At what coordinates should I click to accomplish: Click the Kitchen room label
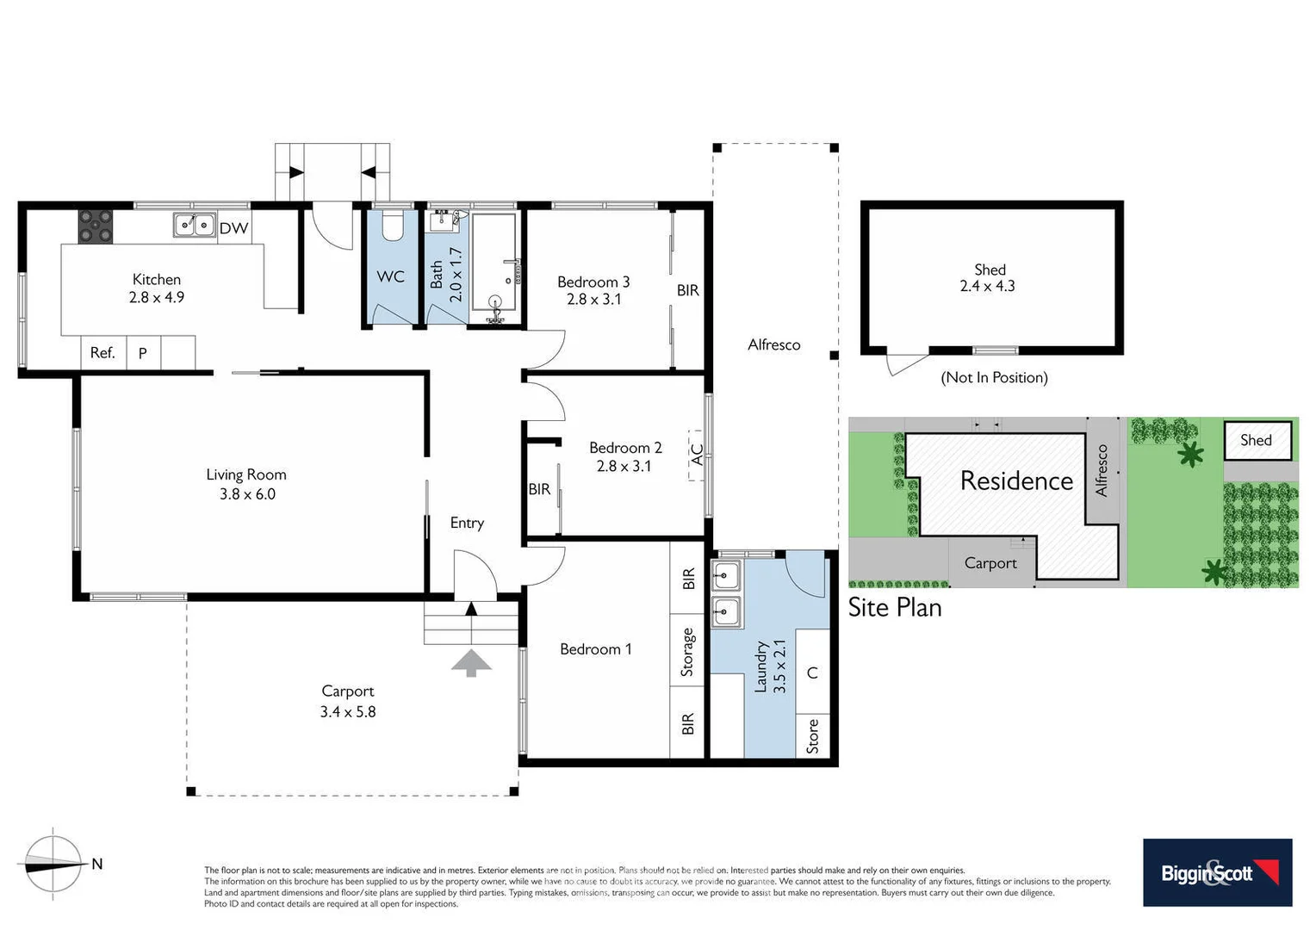[x=157, y=279]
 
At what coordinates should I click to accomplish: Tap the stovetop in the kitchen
[x=96, y=226]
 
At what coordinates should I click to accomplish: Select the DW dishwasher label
[x=233, y=228]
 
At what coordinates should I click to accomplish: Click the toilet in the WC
[x=392, y=226]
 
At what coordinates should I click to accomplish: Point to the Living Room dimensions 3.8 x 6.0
[x=247, y=494]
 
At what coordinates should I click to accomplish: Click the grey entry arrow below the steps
[x=471, y=663]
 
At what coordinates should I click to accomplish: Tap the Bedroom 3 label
[x=593, y=282]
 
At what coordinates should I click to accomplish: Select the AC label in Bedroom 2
[x=698, y=454]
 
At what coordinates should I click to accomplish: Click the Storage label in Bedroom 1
[x=687, y=652]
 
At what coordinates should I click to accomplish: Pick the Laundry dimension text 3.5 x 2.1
[x=779, y=666]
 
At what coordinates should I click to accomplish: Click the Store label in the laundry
[x=813, y=737]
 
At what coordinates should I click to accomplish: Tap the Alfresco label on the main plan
[x=773, y=344]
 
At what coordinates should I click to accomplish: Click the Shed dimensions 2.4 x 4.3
[x=987, y=286]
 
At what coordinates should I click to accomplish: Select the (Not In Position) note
[x=994, y=377]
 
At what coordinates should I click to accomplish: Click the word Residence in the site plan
[x=1016, y=480]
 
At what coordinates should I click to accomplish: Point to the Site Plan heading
[x=895, y=607]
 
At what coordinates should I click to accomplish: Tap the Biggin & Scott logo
[x=1217, y=872]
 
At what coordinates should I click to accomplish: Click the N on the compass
[x=97, y=864]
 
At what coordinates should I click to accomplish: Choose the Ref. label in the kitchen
[x=102, y=352]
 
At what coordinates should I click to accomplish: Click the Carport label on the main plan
[x=347, y=691]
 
